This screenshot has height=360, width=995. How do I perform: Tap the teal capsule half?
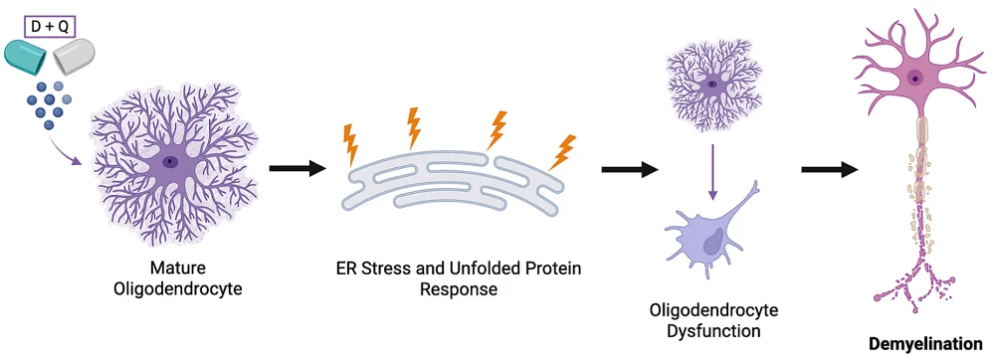click(26, 56)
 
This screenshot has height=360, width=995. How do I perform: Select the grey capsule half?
click(73, 56)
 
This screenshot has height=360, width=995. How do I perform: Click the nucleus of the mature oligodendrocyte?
click(169, 162)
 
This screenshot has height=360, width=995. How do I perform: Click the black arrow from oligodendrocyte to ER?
click(297, 169)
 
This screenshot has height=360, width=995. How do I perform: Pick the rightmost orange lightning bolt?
click(562, 152)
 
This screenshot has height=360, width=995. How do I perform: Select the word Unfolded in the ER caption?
click(481, 269)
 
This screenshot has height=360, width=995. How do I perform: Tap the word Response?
click(459, 289)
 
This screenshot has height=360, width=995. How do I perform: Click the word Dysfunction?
click(713, 330)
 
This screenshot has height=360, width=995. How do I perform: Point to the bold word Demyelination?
click(925, 344)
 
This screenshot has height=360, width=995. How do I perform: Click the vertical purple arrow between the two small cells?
click(712, 172)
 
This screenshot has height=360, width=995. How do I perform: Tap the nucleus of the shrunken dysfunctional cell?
click(713, 240)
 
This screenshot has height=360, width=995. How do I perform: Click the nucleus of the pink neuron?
click(914, 79)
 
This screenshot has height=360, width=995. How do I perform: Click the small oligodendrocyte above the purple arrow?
click(712, 84)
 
